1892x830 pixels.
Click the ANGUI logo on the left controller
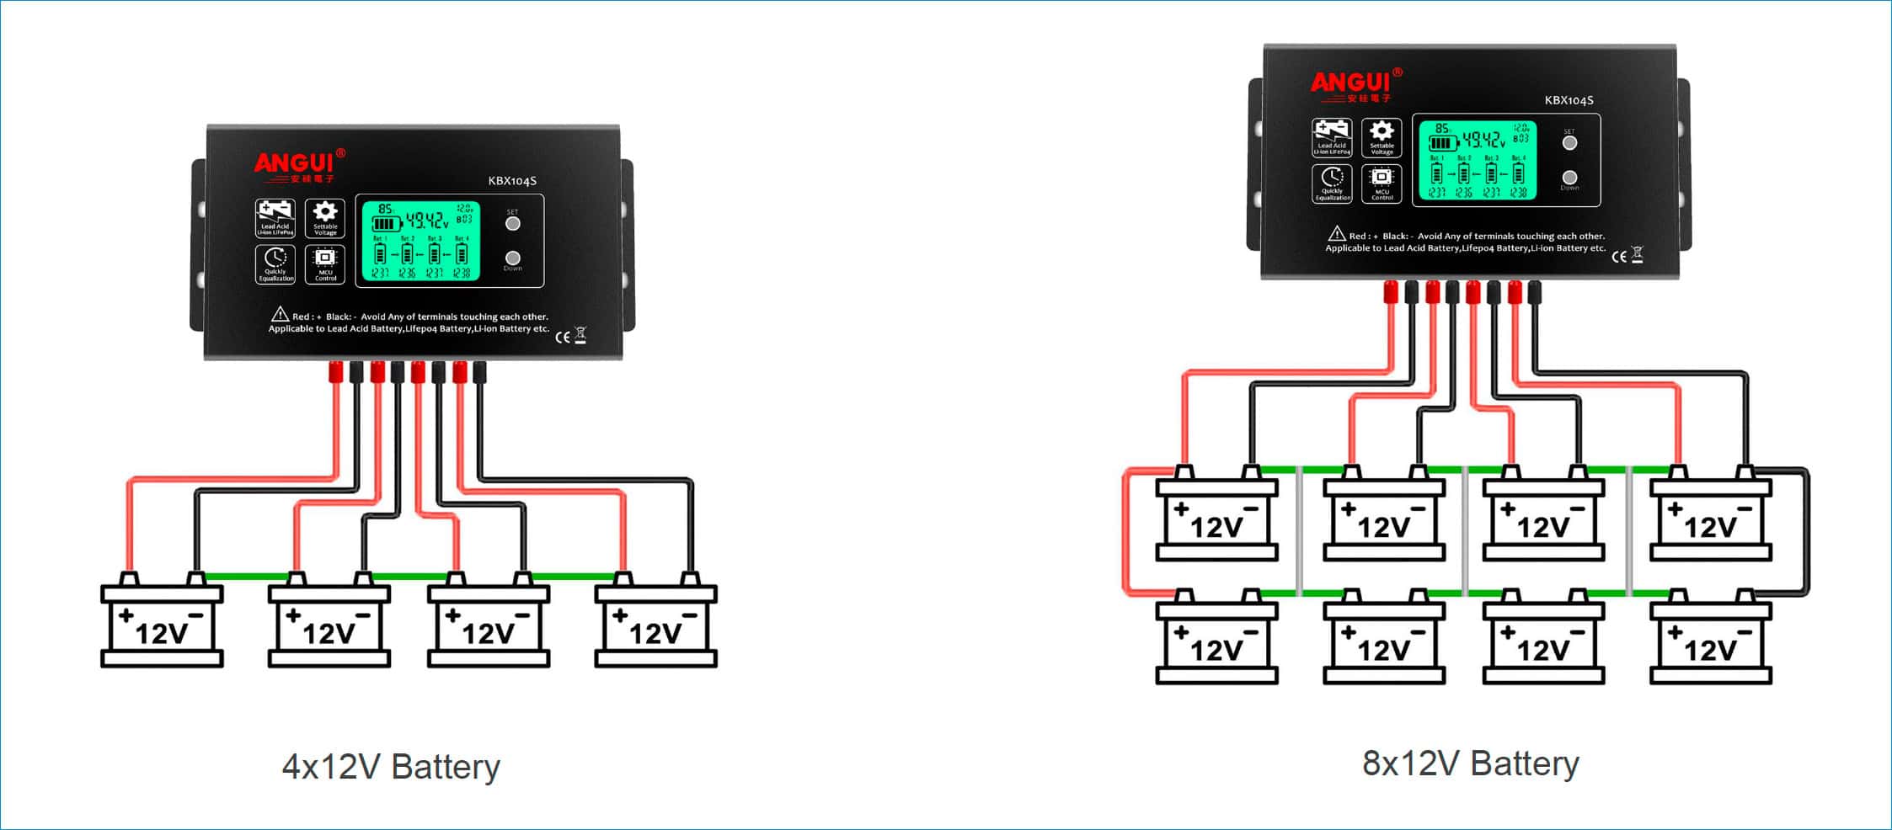click(x=296, y=163)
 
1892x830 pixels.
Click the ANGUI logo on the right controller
click(x=1351, y=83)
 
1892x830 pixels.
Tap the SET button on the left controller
click(x=512, y=223)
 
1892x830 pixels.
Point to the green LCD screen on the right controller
click(x=1478, y=161)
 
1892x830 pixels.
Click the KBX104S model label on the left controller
click(x=512, y=181)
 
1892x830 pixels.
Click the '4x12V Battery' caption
click(x=391, y=767)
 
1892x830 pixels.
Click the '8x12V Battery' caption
click(x=1471, y=763)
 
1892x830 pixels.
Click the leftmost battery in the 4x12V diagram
click(x=162, y=625)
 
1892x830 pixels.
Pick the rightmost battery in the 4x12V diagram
click(x=655, y=625)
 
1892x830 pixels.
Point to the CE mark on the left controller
click(x=562, y=337)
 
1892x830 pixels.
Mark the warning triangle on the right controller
click(x=1336, y=234)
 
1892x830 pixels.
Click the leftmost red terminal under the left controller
click(x=335, y=371)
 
